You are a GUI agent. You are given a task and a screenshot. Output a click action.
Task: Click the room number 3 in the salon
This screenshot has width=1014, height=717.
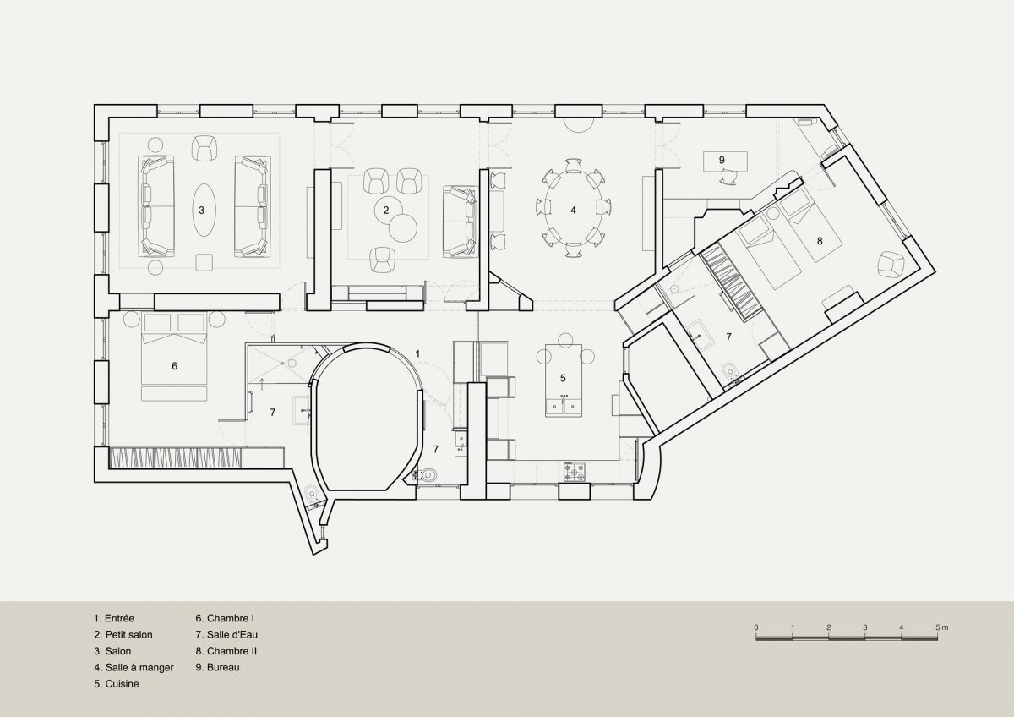coord(201,211)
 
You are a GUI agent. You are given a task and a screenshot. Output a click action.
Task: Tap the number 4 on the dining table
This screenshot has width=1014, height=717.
coord(573,211)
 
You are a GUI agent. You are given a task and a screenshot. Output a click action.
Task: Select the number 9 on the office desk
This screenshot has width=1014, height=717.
coord(722,160)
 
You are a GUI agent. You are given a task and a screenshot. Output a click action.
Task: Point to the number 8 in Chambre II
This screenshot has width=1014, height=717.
coord(820,241)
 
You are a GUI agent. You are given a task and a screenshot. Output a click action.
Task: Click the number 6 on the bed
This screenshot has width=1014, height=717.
coord(175,366)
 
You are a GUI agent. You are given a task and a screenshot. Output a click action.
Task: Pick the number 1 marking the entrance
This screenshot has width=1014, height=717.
coord(417,353)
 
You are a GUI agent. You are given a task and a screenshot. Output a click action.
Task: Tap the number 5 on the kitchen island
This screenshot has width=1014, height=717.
coord(563,378)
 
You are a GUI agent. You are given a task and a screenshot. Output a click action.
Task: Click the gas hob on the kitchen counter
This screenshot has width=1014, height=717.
coord(575,472)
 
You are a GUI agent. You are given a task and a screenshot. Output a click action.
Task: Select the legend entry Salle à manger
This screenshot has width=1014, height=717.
coord(134,668)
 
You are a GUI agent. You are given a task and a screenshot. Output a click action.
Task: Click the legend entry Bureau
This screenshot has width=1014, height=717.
coord(218,667)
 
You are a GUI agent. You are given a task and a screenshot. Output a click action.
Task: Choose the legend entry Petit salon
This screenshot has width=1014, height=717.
coord(123,635)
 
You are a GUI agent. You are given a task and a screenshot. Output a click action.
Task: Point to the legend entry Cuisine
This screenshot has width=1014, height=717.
coord(117,684)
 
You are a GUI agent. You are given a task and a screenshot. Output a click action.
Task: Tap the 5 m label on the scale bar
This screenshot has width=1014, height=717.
coord(942,627)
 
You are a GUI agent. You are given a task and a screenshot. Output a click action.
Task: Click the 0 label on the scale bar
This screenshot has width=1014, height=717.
coord(756,627)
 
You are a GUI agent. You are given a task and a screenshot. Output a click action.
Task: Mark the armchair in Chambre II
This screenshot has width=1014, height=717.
coord(891,265)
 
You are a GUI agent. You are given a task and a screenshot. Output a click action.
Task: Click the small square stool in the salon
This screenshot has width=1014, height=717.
coord(204,263)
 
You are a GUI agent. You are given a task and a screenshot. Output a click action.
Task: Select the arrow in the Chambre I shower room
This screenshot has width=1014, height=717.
coord(262,383)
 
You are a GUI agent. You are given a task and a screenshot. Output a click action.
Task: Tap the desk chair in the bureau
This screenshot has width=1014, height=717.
coord(728,177)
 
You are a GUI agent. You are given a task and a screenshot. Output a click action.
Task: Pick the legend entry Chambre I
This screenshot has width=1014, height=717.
coord(225,618)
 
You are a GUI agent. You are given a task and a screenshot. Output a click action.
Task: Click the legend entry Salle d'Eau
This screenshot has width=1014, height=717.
coord(226,635)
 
